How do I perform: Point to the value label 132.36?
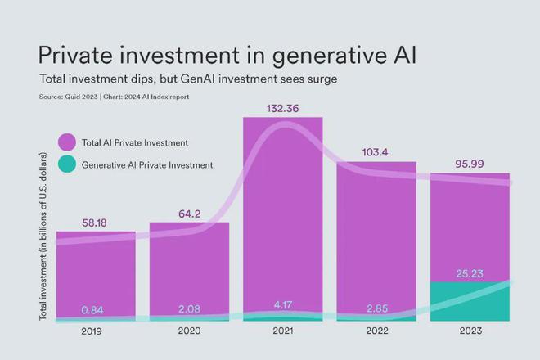click(x=282, y=108)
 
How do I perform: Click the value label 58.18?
click(x=96, y=222)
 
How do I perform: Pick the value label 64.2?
click(x=189, y=214)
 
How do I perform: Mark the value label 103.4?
click(x=376, y=152)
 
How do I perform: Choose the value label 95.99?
click(x=470, y=164)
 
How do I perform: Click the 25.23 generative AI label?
click(x=470, y=273)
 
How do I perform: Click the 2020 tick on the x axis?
click(x=189, y=331)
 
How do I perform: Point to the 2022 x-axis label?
click(x=376, y=331)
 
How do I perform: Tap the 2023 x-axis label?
click(x=470, y=331)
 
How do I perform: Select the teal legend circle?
click(x=66, y=164)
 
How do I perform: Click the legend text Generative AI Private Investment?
click(x=147, y=164)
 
